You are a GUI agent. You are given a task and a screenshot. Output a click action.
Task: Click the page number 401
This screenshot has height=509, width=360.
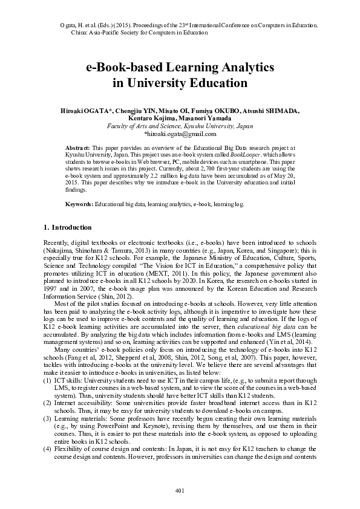pyautogui.click(x=180, y=489)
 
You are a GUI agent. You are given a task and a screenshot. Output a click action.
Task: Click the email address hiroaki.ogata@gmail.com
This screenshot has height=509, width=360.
pyautogui.click(x=180, y=134)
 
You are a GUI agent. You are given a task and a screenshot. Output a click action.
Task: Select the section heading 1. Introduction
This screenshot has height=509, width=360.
pyautogui.click(x=68, y=227)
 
